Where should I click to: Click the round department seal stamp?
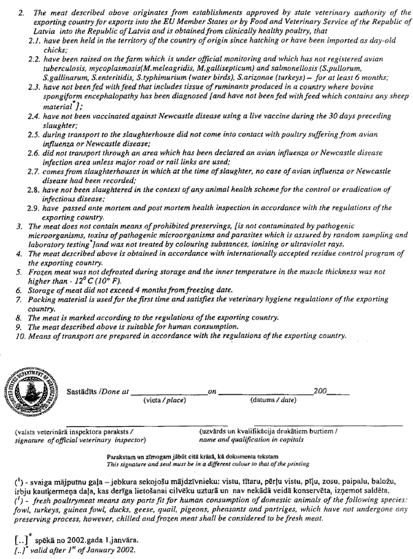(30, 392)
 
